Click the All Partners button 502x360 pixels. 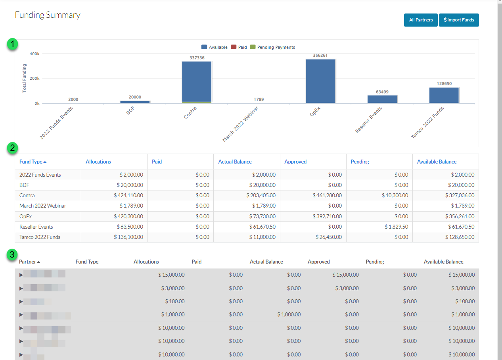421,20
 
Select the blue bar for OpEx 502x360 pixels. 320,81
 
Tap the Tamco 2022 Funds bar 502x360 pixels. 444,95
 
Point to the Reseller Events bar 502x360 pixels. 382,99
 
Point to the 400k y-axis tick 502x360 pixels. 34,54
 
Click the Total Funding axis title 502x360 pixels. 25,78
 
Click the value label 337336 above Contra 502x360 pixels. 197,58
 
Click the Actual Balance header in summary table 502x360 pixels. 235,162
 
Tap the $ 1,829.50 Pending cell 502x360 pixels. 395,227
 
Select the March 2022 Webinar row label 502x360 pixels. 43,206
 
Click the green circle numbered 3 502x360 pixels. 13,255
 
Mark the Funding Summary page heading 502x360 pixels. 48,15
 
